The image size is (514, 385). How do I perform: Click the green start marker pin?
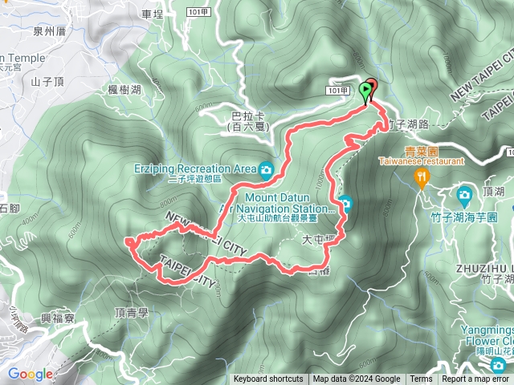coord(367,90)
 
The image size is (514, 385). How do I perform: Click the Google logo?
coord(30,374)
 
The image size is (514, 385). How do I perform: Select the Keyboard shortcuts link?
coord(268,379)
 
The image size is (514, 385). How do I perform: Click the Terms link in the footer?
coord(420,379)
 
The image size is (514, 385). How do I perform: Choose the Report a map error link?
coord(476,379)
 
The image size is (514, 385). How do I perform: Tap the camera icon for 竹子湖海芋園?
coord(464,196)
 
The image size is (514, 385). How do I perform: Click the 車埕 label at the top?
coord(151,14)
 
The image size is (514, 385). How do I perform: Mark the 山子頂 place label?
coord(47,81)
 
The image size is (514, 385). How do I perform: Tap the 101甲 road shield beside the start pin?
coord(337,91)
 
